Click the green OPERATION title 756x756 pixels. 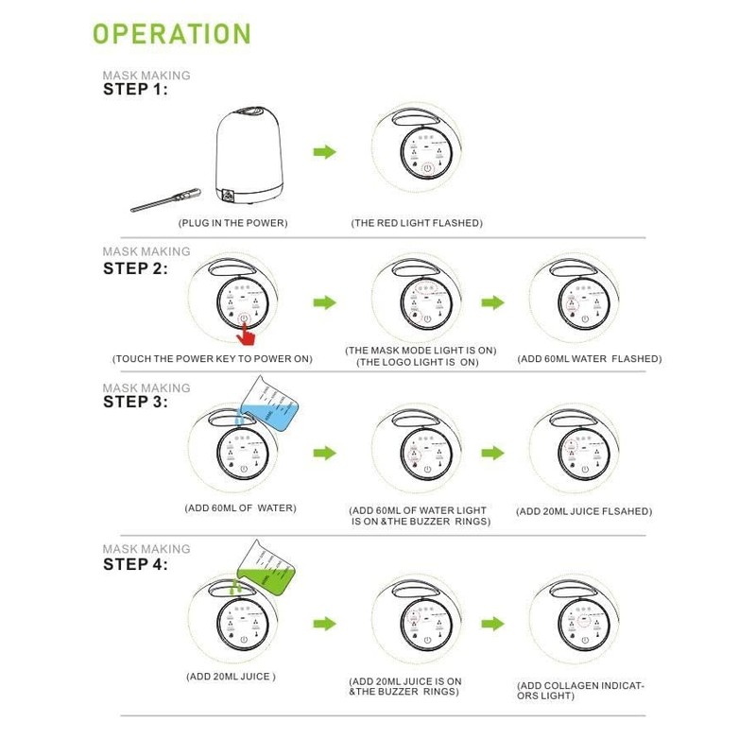(x=171, y=33)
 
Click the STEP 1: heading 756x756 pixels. (x=135, y=90)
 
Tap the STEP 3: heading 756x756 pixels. (x=135, y=402)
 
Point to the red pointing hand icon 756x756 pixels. (x=248, y=333)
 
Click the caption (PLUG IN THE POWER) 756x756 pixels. (x=232, y=223)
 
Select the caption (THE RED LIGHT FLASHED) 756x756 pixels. (x=417, y=223)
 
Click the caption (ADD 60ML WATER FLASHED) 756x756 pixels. (x=590, y=359)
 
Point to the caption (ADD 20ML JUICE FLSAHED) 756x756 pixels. (x=584, y=511)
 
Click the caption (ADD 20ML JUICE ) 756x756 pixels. (x=231, y=677)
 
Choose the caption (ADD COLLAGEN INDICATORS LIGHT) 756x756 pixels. (x=580, y=690)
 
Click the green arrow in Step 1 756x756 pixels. (x=324, y=151)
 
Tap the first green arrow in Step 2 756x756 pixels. (x=324, y=302)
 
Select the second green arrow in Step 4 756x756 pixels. (x=491, y=624)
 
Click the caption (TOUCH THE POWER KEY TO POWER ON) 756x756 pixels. (x=212, y=359)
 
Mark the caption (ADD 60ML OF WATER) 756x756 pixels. (x=240, y=507)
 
